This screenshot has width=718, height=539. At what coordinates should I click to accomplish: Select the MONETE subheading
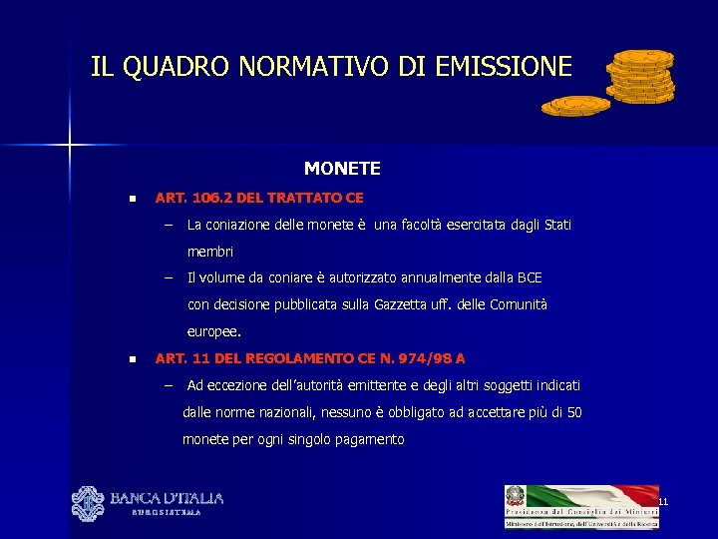pyautogui.click(x=342, y=169)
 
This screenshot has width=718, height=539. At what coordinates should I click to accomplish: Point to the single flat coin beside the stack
pyautogui.click(x=575, y=104)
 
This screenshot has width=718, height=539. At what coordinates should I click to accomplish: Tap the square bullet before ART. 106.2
pyautogui.click(x=131, y=199)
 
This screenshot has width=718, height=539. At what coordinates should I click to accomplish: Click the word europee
pyautogui.click(x=213, y=331)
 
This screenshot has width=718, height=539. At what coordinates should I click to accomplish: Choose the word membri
pyautogui.click(x=209, y=252)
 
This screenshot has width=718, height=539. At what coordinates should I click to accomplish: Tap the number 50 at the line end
pyautogui.click(x=573, y=412)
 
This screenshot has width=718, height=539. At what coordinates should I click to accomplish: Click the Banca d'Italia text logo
pyautogui.click(x=166, y=498)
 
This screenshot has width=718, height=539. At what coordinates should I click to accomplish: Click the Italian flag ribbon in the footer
pyautogui.click(x=592, y=496)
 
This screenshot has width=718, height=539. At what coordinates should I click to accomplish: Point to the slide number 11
pyautogui.click(x=661, y=500)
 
